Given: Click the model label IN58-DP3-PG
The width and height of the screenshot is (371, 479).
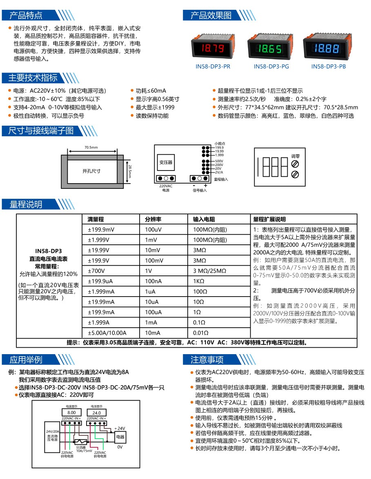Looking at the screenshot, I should (271, 67).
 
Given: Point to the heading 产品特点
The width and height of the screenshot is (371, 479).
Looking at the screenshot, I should (26, 16).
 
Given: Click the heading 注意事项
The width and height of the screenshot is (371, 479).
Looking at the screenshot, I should (207, 359).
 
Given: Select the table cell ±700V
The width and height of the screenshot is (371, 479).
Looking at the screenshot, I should (97, 271).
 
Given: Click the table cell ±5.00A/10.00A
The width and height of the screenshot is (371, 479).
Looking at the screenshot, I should (107, 333).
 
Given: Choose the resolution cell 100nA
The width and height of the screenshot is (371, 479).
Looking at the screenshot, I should (153, 281).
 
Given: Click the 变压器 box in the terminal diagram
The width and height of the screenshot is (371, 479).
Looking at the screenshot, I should (166, 162).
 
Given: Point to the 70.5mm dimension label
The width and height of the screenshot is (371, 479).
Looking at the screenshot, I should (91, 147).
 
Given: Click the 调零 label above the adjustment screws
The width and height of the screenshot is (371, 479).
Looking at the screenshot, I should (295, 156).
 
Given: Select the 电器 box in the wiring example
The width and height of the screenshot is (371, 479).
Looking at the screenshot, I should (120, 437).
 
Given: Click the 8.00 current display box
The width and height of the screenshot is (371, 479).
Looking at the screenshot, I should (71, 413).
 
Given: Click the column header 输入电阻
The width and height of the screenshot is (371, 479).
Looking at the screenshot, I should (204, 219).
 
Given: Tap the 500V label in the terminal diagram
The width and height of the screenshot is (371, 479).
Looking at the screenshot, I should (219, 161).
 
